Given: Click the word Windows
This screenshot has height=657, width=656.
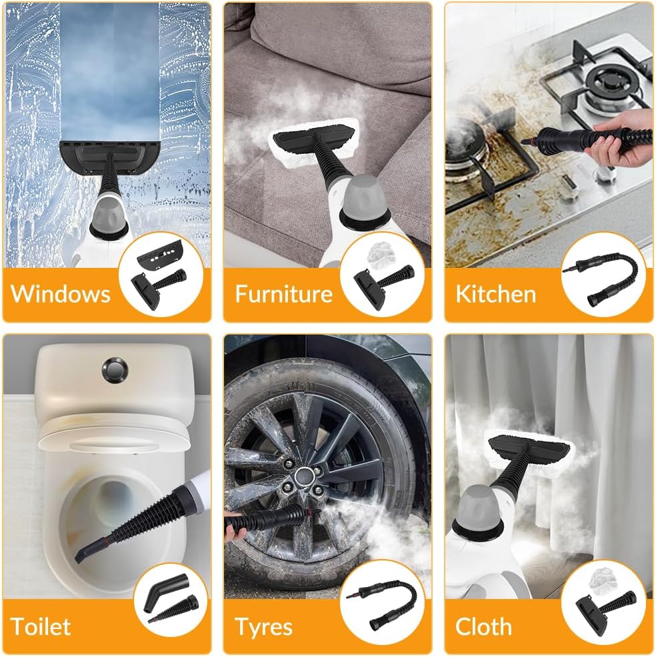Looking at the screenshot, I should tap(61, 293).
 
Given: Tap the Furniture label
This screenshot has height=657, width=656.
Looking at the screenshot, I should tap(283, 293).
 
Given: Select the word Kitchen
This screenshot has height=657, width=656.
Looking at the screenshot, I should tap(495, 294).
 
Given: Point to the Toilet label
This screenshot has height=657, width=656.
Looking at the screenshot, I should tap(41, 626).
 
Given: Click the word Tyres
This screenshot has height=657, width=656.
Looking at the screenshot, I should tap(263, 627).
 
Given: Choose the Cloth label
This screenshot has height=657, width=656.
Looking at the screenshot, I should tap(483, 627).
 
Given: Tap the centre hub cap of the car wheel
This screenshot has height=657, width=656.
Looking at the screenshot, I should tap(306, 477).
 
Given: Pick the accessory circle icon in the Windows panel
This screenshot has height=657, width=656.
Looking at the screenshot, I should tap(160, 274).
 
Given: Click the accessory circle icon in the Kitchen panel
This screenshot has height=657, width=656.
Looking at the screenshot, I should tap(603, 274).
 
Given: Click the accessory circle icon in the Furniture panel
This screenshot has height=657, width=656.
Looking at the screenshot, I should tap(382, 274).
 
